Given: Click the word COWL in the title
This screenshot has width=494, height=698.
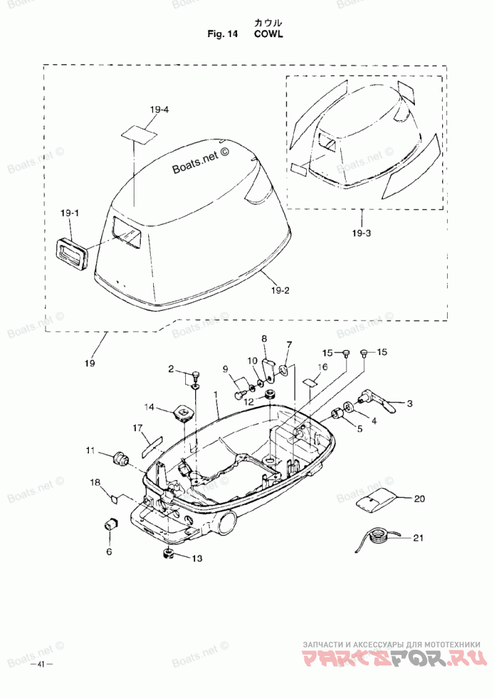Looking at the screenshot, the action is (x=268, y=34).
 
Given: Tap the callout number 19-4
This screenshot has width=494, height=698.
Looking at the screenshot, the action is (x=159, y=109).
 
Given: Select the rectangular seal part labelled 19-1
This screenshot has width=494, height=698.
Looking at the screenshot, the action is (x=71, y=253).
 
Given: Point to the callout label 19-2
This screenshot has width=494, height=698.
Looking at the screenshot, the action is (x=280, y=291).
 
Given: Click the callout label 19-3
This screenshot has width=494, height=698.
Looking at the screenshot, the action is (x=361, y=233).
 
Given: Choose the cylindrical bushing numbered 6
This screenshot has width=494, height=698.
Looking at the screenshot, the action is (x=110, y=524).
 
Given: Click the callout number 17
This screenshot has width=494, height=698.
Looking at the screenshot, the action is (x=138, y=428).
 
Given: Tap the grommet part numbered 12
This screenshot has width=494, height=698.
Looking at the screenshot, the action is (x=269, y=395).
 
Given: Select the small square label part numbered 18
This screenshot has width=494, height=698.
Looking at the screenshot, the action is (x=114, y=498).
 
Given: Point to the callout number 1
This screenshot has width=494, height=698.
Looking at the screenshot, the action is (x=216, y=395).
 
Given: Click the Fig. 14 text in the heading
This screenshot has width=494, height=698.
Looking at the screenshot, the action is (x=222, y=34).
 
